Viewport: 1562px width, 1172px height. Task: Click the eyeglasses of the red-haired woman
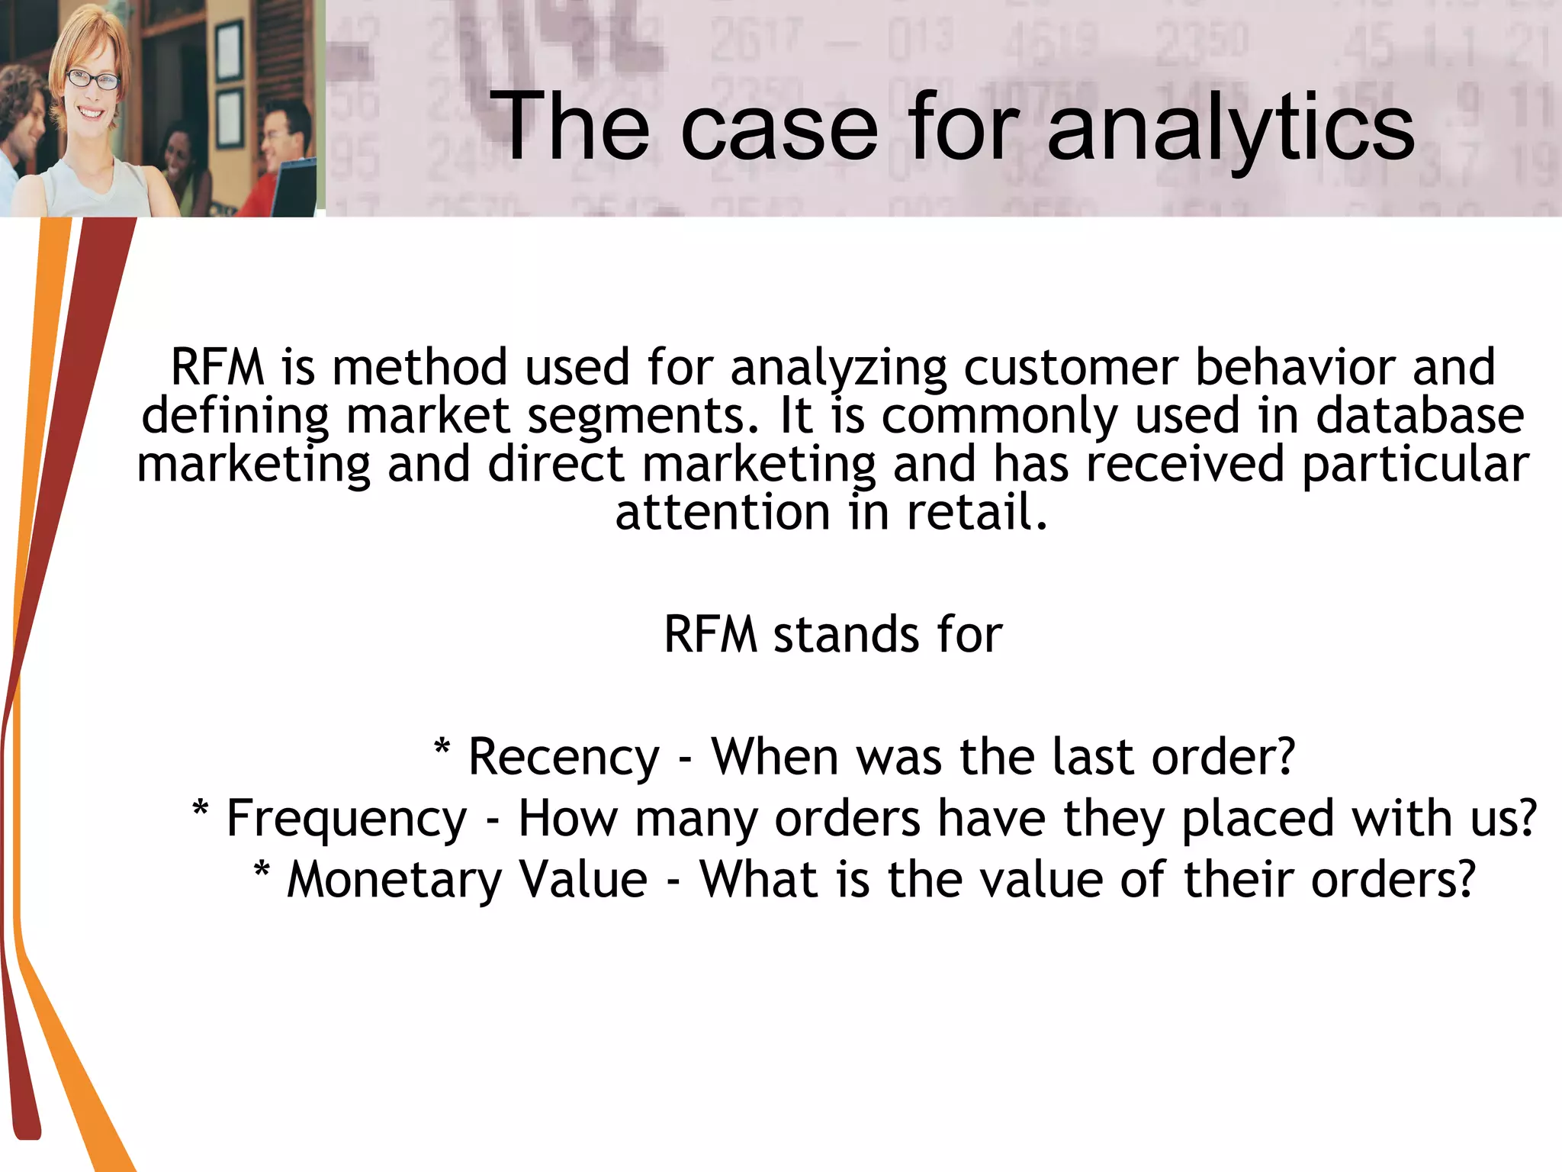point(93,79)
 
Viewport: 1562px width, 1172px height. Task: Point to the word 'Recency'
point(564,757)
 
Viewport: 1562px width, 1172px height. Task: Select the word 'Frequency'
point(347,818)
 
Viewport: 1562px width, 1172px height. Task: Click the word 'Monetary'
point(394,879)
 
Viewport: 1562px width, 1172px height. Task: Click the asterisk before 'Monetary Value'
point(262,870)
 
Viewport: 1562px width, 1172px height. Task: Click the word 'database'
point(1419,416)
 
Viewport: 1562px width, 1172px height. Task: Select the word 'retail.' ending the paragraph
point(977,512)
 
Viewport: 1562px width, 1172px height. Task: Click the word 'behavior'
point(1295,367)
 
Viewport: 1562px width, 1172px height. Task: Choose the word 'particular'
point(1416,465)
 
